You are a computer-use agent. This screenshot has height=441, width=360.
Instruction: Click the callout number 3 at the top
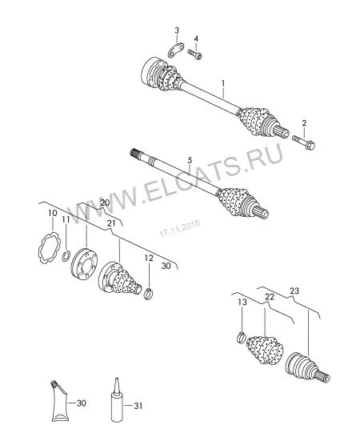[177, 30]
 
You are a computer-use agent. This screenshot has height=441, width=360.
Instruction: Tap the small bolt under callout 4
[194, 54]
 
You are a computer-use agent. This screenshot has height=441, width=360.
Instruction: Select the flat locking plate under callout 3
[176, 50]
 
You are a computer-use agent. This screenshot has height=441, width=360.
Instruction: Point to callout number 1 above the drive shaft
[223, 84]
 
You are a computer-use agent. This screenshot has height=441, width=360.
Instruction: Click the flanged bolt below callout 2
[303, 142]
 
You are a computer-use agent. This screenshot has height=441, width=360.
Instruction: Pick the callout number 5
[190, 160]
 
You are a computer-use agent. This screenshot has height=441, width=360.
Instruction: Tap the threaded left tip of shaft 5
[135, 153]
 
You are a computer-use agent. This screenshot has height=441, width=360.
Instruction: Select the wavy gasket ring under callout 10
[50, 247]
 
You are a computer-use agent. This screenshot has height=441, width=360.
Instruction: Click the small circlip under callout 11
[66, 256]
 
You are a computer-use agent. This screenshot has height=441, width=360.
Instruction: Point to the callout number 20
[105, 202]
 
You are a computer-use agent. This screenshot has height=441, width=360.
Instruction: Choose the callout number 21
[111, 223]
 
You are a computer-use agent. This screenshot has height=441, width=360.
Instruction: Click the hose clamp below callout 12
[149, 294]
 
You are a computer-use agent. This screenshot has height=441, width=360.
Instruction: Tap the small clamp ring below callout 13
[241, 337]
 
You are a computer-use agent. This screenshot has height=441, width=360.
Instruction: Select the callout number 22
[270, 296]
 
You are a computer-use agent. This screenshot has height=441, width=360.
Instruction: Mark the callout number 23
[294, 291]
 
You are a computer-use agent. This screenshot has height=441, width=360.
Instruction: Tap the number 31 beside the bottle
[138, 406]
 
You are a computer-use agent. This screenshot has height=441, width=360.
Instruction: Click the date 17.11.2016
[179, 228]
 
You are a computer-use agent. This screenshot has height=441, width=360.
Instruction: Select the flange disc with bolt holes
[84, 263]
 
